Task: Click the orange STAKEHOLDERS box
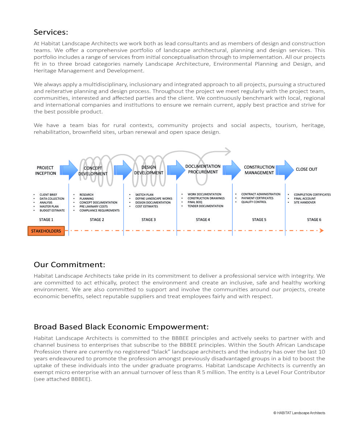click(46, 231)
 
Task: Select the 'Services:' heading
click(51, 32)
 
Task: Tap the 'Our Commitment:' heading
click(69, 264)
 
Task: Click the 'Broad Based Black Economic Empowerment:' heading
click(121, 327)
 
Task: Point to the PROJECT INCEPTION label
click(45, 170)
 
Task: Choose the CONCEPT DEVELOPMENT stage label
click(93, 171)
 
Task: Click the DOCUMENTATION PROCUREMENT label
click(203, 169)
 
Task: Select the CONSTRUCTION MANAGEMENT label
click(259, 170)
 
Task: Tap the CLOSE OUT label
click(306, 169)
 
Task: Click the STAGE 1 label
click(46, 220)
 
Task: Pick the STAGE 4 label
click(203, 220)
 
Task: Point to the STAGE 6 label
click(314, 220)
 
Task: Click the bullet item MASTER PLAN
click(49, 207)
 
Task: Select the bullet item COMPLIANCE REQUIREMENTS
click(99, 211)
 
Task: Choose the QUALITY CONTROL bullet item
click(254, 202)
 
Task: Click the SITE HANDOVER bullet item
click(305, 203)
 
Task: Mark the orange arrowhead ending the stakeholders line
click(321, 231)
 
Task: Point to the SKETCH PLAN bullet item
click(144, 195)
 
